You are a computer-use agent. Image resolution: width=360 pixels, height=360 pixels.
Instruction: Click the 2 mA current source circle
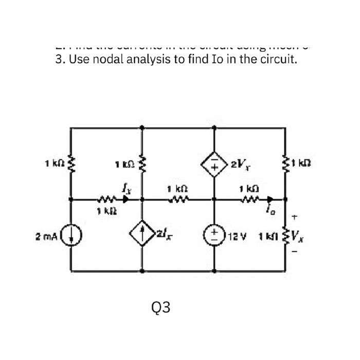(70, 237)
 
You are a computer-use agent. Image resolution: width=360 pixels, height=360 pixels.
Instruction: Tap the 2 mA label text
(45, 237)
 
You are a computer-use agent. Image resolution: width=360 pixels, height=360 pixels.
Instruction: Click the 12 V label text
(234, 237)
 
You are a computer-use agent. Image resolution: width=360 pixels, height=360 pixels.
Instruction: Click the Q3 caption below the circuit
(161, 307)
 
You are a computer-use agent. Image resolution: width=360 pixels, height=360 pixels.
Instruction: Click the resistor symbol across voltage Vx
(284, 237)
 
